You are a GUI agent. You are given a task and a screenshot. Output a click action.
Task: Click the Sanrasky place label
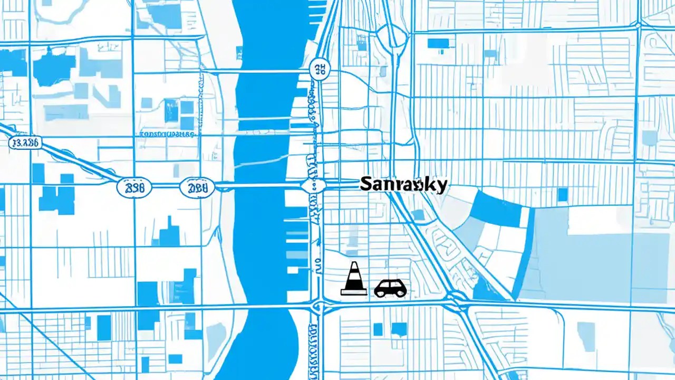(403, 184)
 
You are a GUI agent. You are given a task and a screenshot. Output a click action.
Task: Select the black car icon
(390, 288)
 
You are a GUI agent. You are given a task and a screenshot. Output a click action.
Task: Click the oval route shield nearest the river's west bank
(197, 187)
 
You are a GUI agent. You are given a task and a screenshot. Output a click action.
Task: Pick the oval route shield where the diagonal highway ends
(133, 187)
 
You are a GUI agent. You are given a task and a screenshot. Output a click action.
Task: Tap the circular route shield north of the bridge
(319, 69)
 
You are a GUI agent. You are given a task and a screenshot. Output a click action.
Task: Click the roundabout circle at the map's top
(396, 38)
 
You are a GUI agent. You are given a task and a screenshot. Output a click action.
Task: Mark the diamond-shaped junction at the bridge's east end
(313, 185)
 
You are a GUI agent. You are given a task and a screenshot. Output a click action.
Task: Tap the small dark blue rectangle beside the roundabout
(438, 43)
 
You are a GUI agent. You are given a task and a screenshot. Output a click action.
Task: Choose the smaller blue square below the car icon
(378, 329)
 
